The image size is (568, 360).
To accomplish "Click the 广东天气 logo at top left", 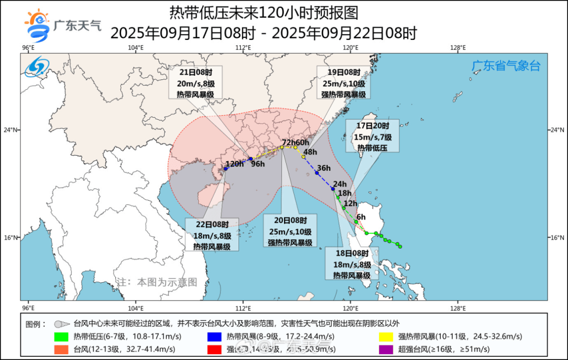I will (62, 25).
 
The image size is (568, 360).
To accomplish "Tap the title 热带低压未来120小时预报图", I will (263, 12).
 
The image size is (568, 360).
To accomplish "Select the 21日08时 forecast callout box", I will (195, 83).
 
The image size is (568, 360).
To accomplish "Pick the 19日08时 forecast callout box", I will (343, 83).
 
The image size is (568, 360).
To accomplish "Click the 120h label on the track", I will (234, 164).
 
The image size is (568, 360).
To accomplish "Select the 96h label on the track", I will (258, 164).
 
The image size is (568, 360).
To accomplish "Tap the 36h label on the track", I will (323, 168).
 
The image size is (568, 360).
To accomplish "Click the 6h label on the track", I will (361, 217).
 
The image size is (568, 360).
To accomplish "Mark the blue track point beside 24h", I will (333, 189).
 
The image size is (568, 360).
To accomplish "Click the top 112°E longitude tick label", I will (242, 48).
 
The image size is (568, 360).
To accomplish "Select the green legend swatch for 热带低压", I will (61, 336).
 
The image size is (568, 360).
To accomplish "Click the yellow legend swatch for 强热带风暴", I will (386, 336).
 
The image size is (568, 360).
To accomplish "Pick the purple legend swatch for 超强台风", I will (386, 349).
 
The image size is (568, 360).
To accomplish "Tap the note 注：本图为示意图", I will (156, 282).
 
